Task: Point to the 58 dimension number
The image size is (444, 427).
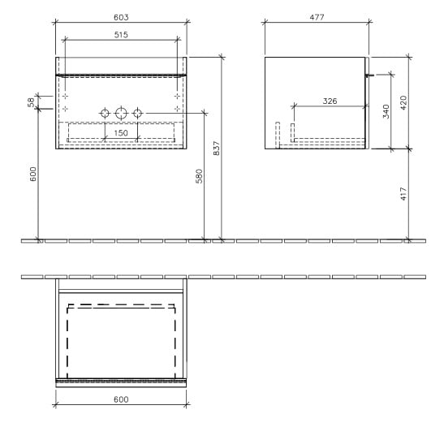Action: [x=32, y=101]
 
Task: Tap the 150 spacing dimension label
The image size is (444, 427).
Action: [x=121, y=132]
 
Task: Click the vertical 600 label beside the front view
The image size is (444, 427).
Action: [x=33, y=175]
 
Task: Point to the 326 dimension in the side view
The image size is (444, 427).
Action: [x=330, y=101]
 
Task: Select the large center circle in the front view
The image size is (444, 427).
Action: [x=122, y=112]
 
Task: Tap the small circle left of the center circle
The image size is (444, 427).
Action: [x=105, y=112]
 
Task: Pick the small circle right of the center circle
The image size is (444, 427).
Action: [x=139, y=112]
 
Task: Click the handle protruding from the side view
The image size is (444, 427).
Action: [x=370, y=75]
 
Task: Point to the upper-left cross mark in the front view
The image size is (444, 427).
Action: [x=66, y=95]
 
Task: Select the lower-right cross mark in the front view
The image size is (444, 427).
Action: [x=177, y=108]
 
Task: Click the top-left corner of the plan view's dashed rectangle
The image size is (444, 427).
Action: [x=68, y=307]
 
